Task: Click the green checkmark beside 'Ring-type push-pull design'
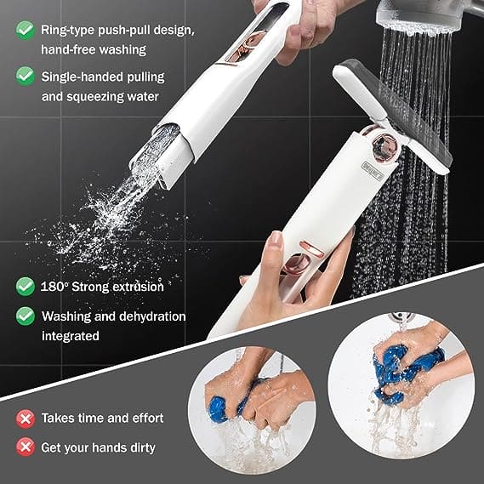click(x=26, y=31)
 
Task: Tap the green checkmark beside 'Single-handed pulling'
click(x=26, y=76)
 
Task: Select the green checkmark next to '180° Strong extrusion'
click(x=26, y=287)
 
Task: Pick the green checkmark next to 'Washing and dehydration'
click(x=26, y=316)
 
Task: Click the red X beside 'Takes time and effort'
click(x=26, y=419)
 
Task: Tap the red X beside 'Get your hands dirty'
click(x=26, y=447)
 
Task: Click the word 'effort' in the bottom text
click(x=145, y=419)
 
